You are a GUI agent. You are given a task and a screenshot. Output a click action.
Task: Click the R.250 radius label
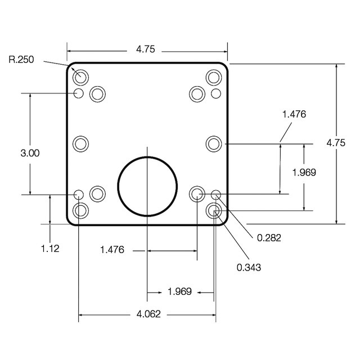21,60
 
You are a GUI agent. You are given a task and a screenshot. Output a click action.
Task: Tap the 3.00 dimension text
30,153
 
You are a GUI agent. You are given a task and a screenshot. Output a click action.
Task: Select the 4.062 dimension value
148,314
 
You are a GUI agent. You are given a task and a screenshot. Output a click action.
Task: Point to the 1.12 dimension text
50,249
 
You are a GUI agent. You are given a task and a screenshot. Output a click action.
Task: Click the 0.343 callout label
249,268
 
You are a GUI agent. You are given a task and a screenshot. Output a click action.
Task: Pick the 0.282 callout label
269,238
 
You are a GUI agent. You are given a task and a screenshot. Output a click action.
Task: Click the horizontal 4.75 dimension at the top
146,49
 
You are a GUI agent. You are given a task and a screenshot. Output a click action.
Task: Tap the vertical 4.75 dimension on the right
336,143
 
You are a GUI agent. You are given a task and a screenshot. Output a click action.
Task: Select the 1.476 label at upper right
294,114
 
